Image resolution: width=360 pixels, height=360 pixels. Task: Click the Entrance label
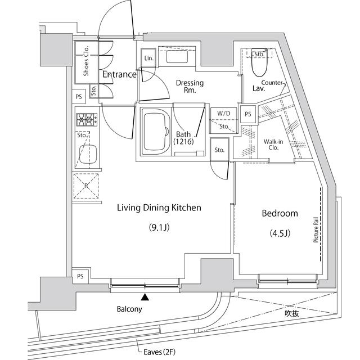tap(119, 74)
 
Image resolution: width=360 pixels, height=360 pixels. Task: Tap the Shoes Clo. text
tap(86, 63)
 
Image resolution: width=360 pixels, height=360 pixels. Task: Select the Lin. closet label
tap(148, 58)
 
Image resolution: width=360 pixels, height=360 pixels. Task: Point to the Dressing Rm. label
tap(190, 87)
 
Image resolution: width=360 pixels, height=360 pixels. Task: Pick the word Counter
tap(272, 83)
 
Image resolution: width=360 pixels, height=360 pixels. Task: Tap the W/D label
tap(223, 113)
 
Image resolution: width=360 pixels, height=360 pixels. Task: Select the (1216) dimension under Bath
tap(184, 143)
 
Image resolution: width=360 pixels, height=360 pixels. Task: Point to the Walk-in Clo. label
tap(274, 145)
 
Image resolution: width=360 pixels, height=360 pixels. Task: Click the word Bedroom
tap(279, 214)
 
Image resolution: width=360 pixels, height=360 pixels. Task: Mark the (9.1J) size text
tap(159, 227)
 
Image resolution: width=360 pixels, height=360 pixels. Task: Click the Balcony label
tap(129, 309)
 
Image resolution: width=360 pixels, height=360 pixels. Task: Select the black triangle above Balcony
tap(145, 297)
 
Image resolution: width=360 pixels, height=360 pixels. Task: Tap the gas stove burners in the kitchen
tap(86, 119)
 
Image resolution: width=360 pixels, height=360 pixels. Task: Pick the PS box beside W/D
tap(247, 112)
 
